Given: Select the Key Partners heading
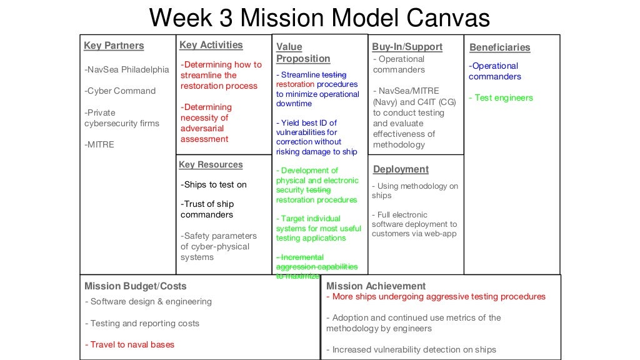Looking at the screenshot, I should (114, 46).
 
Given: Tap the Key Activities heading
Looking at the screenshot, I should (211, 45).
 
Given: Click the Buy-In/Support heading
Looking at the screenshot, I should (407, 47).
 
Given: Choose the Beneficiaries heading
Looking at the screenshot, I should (499, 47).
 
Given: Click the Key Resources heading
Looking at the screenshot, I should (211, 164).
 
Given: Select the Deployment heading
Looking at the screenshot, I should (401, 169).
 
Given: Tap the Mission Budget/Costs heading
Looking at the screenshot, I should (135, 286).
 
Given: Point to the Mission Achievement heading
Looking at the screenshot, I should (376, 286).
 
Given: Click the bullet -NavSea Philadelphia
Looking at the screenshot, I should (127, 69).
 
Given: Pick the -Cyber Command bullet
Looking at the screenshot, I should (120, 91).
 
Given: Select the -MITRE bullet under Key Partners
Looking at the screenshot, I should (99, 144).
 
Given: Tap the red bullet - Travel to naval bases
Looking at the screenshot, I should (129, 344).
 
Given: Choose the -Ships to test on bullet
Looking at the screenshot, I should (214, 184).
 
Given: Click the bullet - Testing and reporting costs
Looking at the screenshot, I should (142, 323).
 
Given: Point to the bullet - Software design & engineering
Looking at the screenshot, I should (148, 301).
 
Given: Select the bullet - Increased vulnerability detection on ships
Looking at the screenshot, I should (411, 349).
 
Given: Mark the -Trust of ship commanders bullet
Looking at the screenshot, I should (207, 209).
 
